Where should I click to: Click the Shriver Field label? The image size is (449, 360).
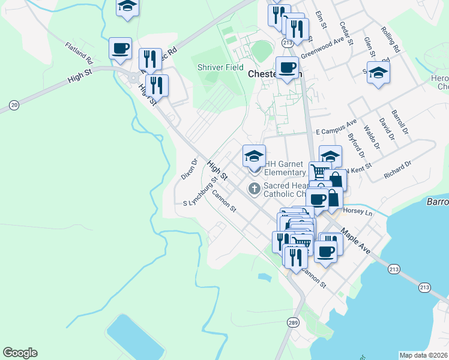[x=220, y=67]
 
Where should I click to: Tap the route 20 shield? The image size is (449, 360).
[x=14, y=106]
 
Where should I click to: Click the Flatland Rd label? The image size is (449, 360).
[x=79, y=53]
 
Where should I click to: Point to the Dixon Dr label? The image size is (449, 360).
[x=189, y=170]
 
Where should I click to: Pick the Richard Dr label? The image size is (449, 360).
[x=397, y=170]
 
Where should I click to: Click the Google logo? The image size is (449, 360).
[x=20, y=353]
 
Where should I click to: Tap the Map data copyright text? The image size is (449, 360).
[x=424, y=355]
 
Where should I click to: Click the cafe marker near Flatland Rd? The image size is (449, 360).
[x=120, y=49]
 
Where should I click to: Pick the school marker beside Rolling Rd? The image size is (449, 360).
[x=378, y=74]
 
